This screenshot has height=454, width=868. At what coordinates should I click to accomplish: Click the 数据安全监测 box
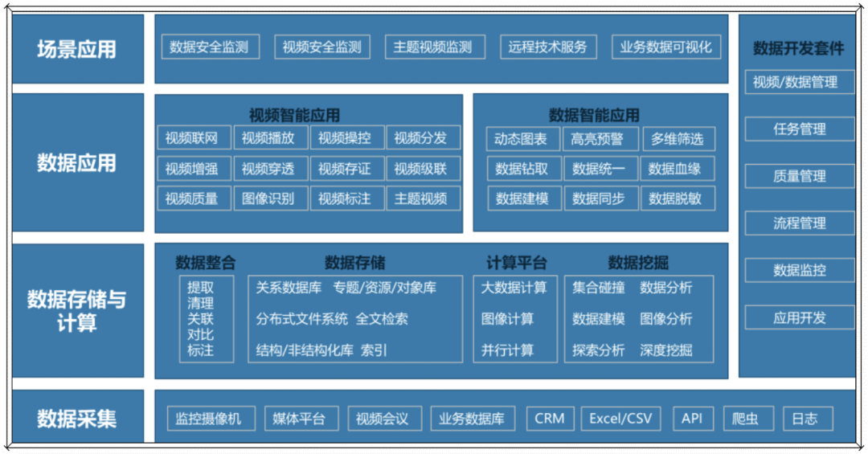[x=209, y=47]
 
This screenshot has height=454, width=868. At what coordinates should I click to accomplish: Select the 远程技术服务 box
[x=547, y=47]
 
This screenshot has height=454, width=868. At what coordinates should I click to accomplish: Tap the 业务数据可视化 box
[x=665, y=47]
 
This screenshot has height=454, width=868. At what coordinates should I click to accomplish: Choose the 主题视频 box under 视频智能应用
[x=420, y=198]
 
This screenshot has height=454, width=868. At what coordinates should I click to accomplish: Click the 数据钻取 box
[x=522, y=169]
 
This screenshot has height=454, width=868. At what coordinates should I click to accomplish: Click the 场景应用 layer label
[x=77, y=49]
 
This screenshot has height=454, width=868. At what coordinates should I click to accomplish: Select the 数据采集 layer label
[x=77, y=418]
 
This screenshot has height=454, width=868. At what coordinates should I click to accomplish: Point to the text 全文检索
[x=382, y=319]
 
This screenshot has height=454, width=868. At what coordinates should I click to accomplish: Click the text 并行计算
[x=507, y=350]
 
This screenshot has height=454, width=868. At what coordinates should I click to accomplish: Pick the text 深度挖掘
[x=665, y=350]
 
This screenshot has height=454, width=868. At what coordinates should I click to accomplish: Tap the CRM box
[x=550, y=419]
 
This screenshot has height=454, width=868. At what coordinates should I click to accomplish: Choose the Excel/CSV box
[x=620, y=419]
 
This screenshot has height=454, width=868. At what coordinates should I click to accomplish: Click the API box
[x=691, y=419]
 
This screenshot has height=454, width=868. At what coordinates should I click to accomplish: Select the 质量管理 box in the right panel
[x=799, y=176]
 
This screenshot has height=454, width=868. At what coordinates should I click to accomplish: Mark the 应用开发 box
[x=799, y=317]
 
